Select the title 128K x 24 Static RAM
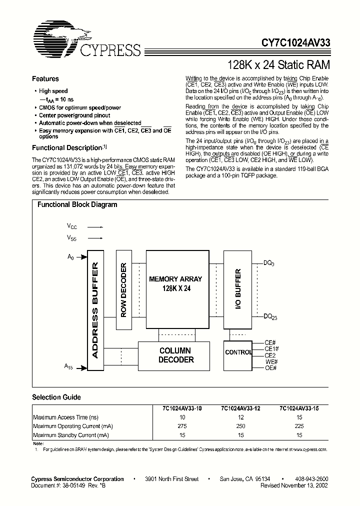(278, 64)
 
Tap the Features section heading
(45, 79)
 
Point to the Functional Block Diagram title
(77, 204)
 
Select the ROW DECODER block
(124, 290)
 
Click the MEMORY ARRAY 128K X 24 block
(175, 284)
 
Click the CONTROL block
(238, 352)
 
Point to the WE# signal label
(270, 361)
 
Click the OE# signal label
(270, 368)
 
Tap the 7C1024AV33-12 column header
(241, 408)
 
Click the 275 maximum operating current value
(182, 426)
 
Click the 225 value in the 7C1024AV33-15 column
(299, 426)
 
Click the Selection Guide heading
(56, 397)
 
